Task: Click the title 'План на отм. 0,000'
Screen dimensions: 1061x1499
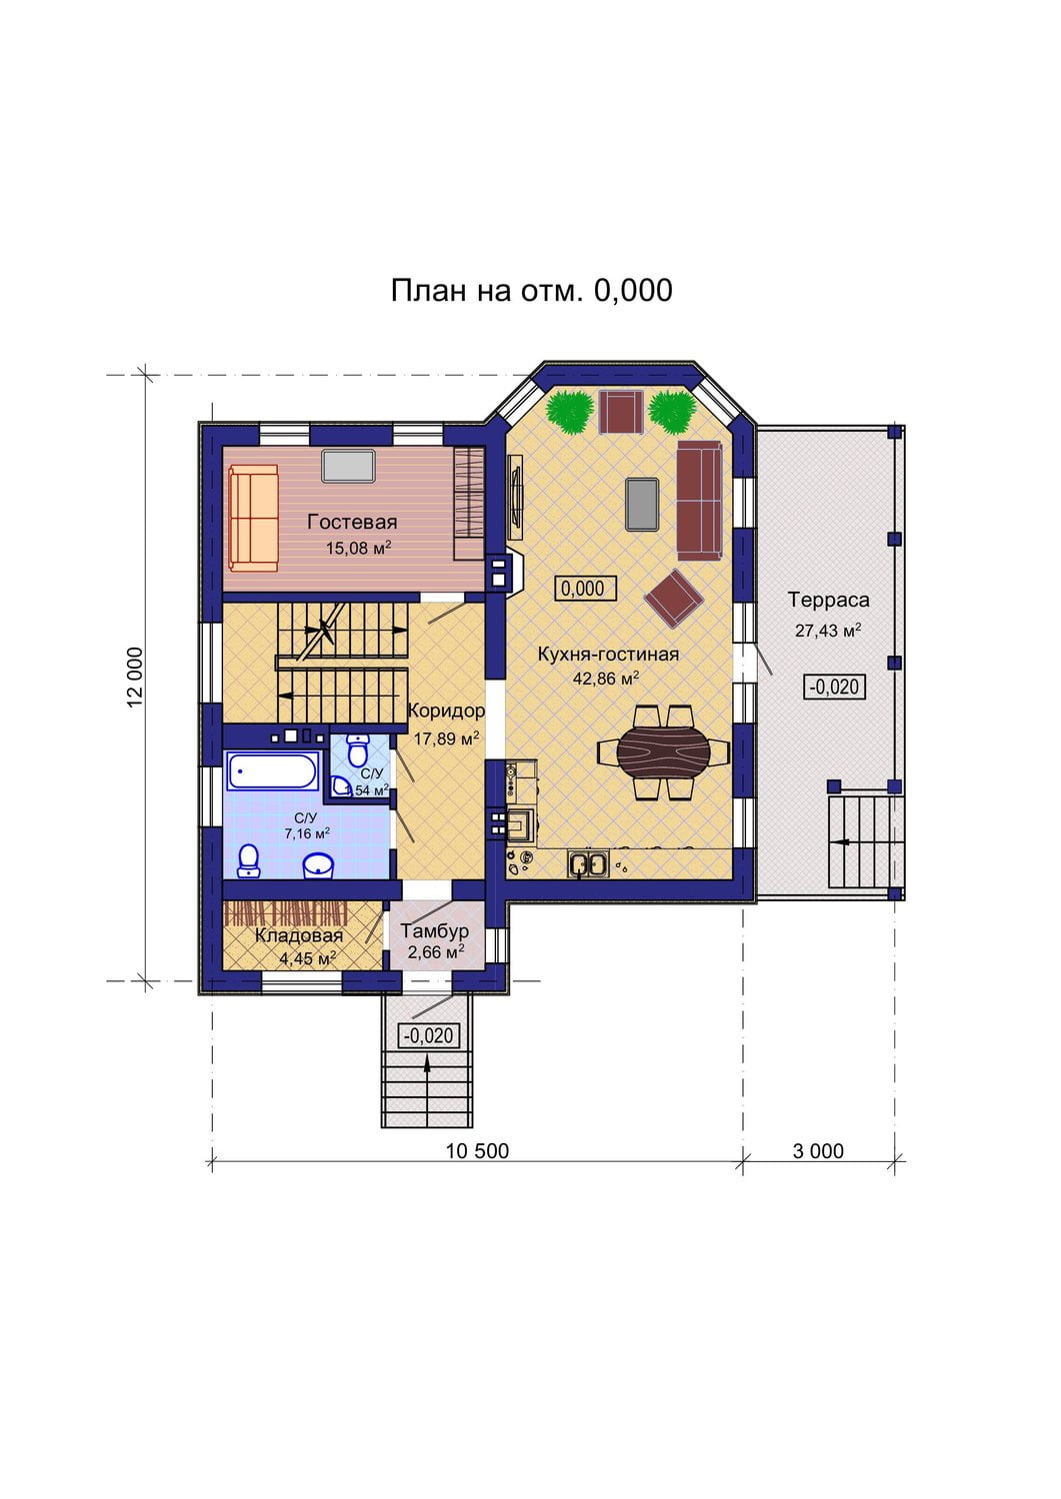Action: pyautogui.click(x=531, y=291)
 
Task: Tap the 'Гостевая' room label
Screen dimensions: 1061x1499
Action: pyautogui.click(x=352, y=522)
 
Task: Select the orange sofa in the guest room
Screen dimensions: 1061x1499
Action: pyautogui.click(x=254, y=520)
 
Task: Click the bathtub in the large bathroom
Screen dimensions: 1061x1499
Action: pyautogui.click(x=271, y=770)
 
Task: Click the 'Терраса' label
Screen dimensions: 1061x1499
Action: pyautogui.click(x=829, y=600)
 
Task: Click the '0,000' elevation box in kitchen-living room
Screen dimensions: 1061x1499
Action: pyautogui.click(x=585, y=589)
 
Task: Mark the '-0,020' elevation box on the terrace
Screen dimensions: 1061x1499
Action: pyautogui.click(x=835, y=688)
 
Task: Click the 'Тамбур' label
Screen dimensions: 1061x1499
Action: pyautogui.click(x=435, y=930)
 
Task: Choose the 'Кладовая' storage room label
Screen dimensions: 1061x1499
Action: pyautogui.click(x=299, y=936)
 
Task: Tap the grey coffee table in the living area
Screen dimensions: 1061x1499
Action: pyautogui.click(x=642, y=504)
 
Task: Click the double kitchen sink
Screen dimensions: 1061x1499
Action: pyautogui.click(x=588, y=863)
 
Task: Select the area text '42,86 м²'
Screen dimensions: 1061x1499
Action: pyautogui.click(x=606, y=678)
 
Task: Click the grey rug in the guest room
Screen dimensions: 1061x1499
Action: pyautogui.click(x=348, y=466)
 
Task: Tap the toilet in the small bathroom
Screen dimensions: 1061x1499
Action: pyautogui.click(x=358, y=749)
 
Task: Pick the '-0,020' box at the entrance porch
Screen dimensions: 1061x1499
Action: pyautogui.click(x=429, y=1036)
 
